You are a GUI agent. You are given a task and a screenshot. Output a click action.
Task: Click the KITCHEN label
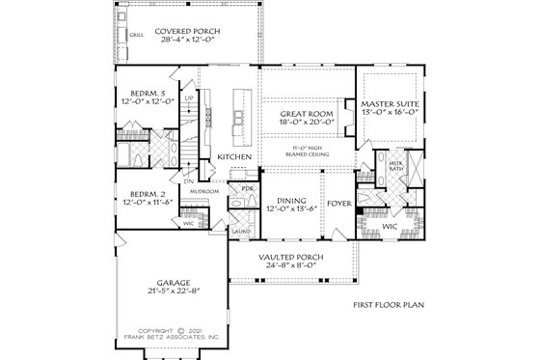point(234,156)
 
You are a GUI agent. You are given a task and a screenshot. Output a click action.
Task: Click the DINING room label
point(285,200)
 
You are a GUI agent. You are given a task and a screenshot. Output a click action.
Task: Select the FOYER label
point(338,204)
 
